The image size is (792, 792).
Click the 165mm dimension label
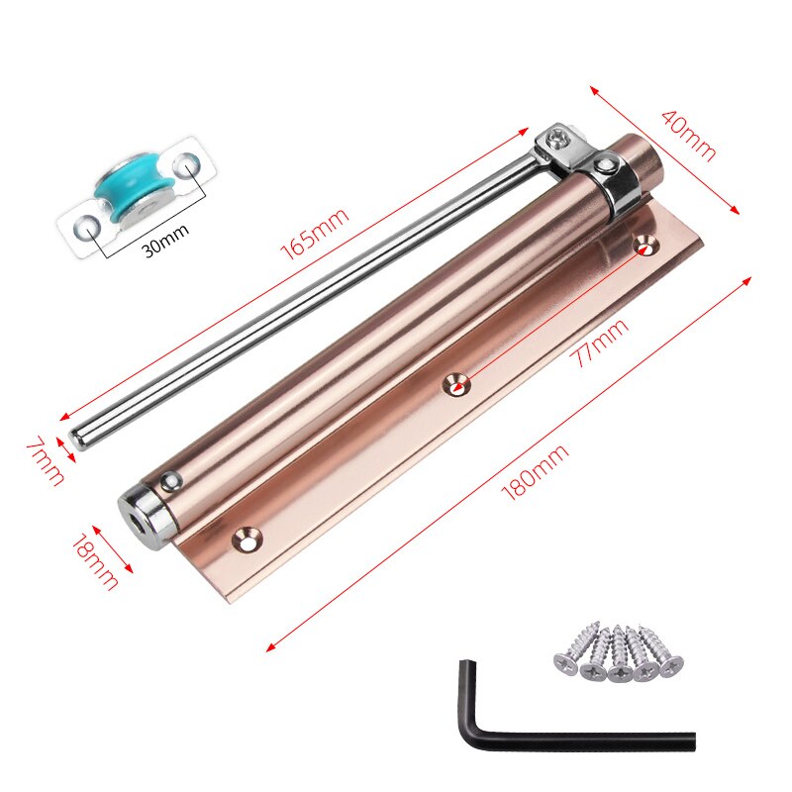[314, 234]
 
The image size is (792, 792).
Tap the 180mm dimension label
[535, 472]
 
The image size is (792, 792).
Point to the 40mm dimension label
[688, 136]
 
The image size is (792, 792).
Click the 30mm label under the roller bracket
[165, 241]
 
